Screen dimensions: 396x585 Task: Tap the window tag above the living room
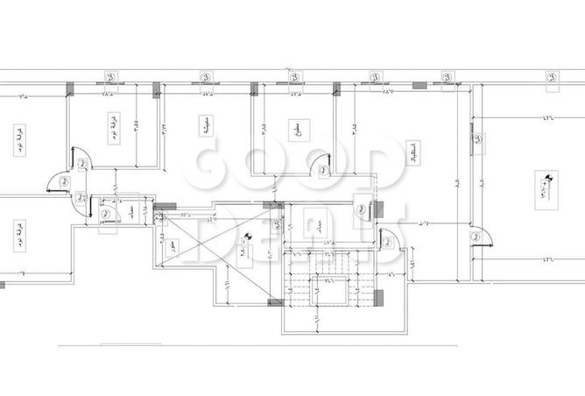[205, 76]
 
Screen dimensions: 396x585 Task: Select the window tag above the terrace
[550, 76]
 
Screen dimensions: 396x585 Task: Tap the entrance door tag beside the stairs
[360, 208]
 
